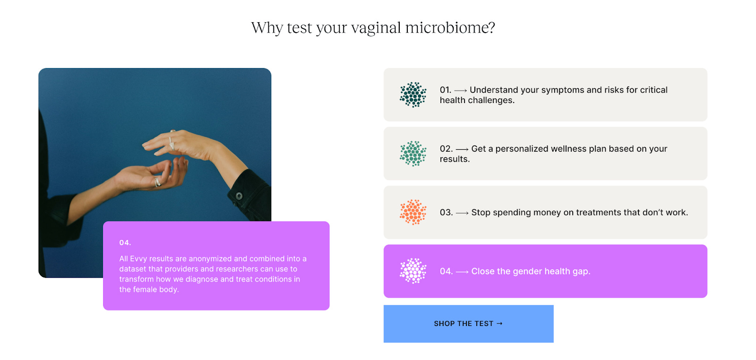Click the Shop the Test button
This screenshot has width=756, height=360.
point(468,324)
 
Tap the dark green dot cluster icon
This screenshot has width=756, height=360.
point(413,95)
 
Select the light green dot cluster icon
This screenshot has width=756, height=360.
point(413,154)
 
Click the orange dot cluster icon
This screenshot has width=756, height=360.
point(413,212)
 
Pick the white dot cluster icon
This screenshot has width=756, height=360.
point(413,271)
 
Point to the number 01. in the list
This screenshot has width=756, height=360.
point(445,90)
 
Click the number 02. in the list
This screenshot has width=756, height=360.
point(446,149)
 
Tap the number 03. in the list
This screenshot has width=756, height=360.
point(446,213)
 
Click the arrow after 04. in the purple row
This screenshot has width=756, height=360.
point(462,272)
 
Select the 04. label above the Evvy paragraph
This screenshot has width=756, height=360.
point(125,243)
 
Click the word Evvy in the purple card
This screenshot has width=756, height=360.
point(138,259)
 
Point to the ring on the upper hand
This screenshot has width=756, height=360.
point(172,142)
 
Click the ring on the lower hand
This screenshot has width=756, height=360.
point(157,182)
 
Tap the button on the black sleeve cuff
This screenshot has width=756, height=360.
point(239,196)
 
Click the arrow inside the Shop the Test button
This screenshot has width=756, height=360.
point(499,324)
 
